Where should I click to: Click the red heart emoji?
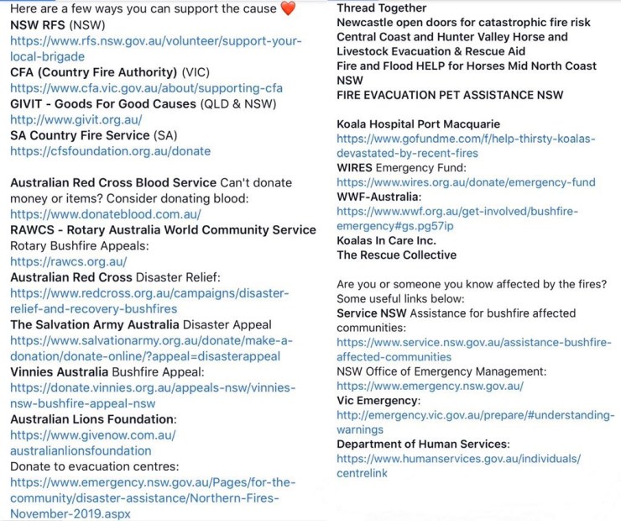(287, 9)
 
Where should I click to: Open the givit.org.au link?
(76, 120)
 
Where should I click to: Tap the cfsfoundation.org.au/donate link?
(110, 151)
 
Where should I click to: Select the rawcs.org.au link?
(69, 261)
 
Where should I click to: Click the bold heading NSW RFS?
(39, 24)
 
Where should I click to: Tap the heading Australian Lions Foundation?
(92, 418)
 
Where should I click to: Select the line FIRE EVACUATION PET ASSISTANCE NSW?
(450, 96)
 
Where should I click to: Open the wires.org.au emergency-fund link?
(466, 182)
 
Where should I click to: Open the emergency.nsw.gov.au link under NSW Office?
(430, 386)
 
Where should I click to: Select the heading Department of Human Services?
(423, 444)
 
